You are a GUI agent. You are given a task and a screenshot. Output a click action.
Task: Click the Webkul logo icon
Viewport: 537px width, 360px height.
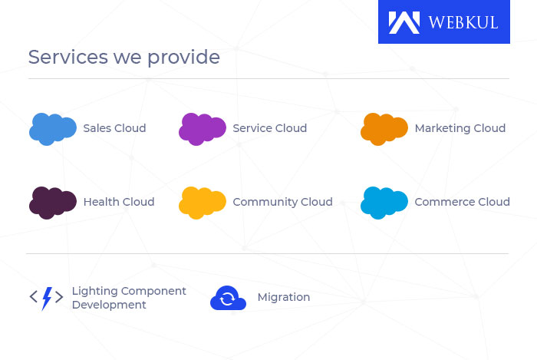(x=404, y=22)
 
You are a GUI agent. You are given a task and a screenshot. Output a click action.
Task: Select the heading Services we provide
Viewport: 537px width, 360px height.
(x=124, y=58)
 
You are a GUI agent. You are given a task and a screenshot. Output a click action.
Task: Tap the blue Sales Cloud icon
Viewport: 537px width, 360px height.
(x=52, y=128)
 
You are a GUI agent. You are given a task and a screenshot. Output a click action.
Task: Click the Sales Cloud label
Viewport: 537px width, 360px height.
(x=114, y=128)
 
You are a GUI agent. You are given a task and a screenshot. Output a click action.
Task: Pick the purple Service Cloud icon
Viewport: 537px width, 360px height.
(x=202, y=128)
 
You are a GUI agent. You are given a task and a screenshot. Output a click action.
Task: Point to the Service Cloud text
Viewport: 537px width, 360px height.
(x=269, y=128)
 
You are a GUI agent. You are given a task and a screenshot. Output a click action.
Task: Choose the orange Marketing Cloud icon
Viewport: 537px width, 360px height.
(x=384, y=128)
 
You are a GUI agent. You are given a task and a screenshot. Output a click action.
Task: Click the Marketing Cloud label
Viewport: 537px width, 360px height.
(x=460, y=128)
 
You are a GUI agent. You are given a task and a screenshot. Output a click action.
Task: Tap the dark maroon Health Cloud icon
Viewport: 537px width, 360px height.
(x=52, y=202)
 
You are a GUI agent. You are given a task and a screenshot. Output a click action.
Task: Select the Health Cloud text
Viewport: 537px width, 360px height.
(x=118, y=202)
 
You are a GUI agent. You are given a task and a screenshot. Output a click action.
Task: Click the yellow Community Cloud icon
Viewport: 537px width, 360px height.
(x=202, y=202)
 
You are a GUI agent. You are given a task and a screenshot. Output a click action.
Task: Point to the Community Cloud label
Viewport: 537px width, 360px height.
(x=282, y=202)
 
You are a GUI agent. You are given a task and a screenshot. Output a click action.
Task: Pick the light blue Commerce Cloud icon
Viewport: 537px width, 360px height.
(x=384, y=202)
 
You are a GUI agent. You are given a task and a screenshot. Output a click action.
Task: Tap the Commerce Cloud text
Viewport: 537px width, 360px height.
(x=462, y=202)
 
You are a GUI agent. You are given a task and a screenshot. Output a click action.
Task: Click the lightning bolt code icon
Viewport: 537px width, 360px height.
(x=46, y=298)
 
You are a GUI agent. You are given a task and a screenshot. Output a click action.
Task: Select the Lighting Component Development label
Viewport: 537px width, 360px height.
(x=128, y=298)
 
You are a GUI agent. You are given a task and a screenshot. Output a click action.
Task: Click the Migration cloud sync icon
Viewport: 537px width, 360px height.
(x=228, y=298)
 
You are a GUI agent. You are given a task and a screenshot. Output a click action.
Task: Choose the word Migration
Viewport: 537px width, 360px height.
(x=284, y=297)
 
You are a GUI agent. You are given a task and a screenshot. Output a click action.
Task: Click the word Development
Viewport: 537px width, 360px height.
(x=108, y=305)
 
